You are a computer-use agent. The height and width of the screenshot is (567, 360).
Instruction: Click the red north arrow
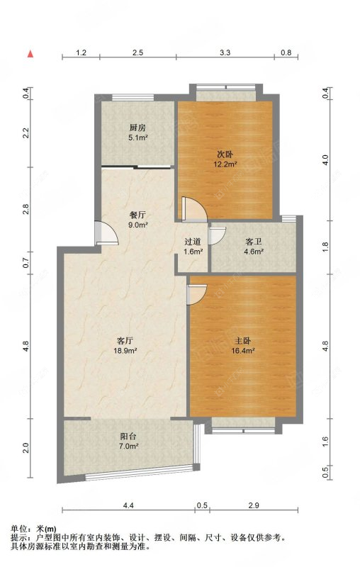[30, 54]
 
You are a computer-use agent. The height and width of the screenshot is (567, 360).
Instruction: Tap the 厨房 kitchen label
[137, 128]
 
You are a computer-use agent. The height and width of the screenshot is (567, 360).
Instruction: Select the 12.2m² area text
[225, 164]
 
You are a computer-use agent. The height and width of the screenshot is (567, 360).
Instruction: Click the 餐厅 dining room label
[137, 215]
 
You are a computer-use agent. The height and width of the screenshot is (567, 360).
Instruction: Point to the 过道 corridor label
[193, 242]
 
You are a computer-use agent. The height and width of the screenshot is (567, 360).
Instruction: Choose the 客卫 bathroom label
[254, 242]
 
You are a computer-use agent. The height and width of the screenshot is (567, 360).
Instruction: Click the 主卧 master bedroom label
[243, 341]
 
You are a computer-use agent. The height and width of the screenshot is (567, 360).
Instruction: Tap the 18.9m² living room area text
[125, 350]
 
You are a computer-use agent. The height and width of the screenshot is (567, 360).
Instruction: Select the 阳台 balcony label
[128, 437]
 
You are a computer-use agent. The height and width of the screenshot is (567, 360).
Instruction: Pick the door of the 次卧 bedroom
[194, 209]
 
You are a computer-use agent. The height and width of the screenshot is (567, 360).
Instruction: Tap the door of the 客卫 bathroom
[218, 235]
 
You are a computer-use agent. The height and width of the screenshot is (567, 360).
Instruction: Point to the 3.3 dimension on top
[225, 52]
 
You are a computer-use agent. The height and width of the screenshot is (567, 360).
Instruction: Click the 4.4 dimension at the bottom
[128, 505]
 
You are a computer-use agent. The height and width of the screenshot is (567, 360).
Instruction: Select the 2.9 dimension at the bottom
[254, 505]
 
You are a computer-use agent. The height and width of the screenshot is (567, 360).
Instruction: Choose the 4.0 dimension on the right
[325, 160]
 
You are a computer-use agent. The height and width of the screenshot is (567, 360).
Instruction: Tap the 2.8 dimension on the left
[26, 209]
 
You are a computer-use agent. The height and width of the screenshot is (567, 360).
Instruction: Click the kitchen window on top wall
[133, 97]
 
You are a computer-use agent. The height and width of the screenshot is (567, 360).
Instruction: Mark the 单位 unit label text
[19, 528]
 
